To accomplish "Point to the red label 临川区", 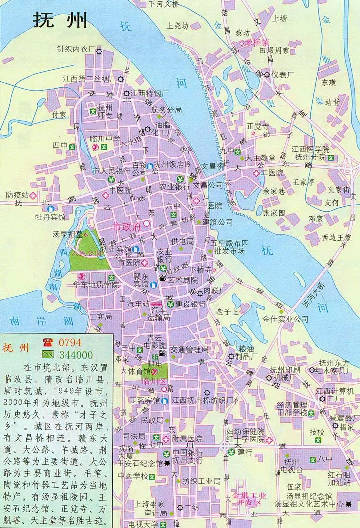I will pyautogui.click(x=154, y=382).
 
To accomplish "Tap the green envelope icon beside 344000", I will pyautogui.click(x=49, y=355).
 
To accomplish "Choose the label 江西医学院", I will pyautogui.click(x=311, y=149).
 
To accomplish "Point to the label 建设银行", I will pyautogui.click(x=191, y=304).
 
